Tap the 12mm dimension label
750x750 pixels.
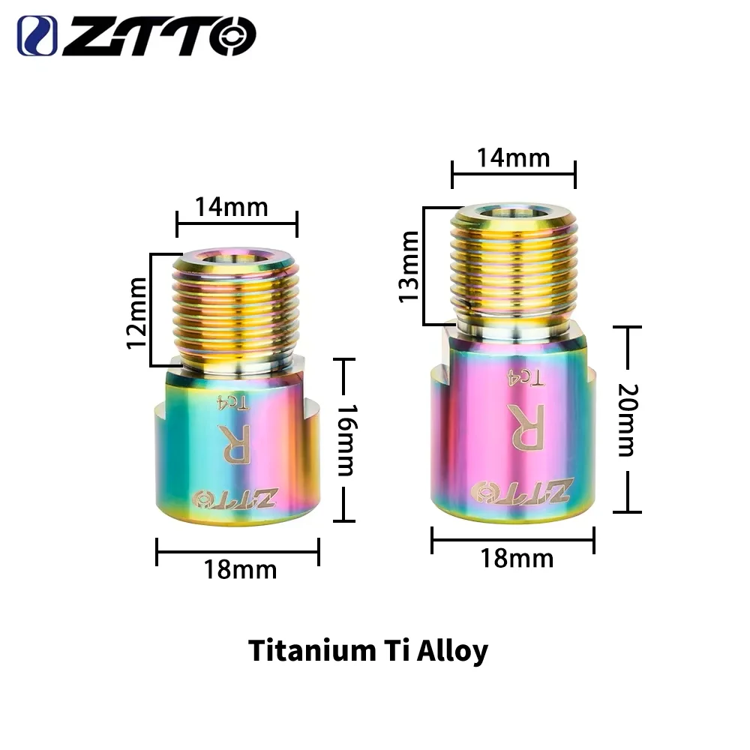pyautogui.click(x=136, y=311)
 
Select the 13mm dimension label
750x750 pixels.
pyautogui.click(x=409, y=266)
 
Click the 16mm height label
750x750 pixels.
pyautogui.click(x=344, y=441)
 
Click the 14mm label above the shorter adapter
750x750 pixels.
pyautogui.click(x=232, y=206)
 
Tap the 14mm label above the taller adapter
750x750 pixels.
pyautogui.click(x=514, y=158)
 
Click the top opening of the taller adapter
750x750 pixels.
pyautogui.click(x=514, y=212)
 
